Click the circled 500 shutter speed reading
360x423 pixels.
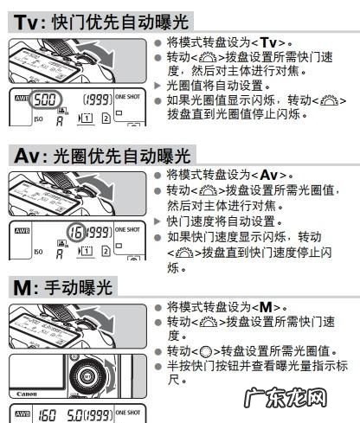(45, 99)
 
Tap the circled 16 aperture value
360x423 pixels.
(76, 233)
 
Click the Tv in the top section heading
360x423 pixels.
(25, 22)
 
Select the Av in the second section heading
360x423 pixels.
(26, 156)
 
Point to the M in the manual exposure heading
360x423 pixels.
(22, 287)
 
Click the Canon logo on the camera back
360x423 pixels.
(27, 394)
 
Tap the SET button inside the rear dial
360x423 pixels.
(87, 376)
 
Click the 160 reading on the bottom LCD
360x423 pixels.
(47, 415)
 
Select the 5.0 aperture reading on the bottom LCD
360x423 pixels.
(75, 415)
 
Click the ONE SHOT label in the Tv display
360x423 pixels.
(127, 97)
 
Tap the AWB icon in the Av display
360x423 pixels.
(22, 231)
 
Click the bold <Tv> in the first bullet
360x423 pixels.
(268, 43)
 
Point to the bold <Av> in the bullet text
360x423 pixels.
(269, 175)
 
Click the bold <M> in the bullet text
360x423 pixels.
(266, 307)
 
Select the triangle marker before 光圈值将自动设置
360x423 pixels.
(157, 86)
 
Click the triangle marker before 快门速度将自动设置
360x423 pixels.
(157, 221)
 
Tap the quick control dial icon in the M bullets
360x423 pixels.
(206, 352)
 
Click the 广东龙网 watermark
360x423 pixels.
(285, 398)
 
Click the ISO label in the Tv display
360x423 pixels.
(38, 119)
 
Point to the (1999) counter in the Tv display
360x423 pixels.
(98, 99)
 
